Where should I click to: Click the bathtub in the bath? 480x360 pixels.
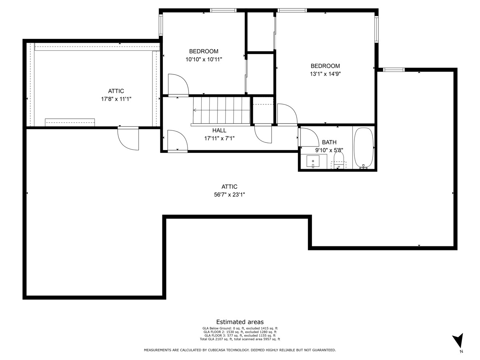(364, 148)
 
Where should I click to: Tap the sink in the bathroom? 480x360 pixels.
(313, 162)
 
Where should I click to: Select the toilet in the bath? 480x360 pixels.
(338, 162)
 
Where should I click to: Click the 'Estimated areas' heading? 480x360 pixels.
(240, 322)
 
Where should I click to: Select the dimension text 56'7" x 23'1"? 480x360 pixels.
(230, 194)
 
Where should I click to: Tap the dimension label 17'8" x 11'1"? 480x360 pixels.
(116, 98)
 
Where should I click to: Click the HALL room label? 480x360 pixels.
(219, 130)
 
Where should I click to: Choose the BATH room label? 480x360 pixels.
(329, 142)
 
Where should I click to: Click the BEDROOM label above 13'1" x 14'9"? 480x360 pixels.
(325, 66)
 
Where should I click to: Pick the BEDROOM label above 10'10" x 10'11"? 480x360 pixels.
(204, 51)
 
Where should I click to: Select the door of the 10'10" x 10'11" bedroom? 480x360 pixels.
(178, 85)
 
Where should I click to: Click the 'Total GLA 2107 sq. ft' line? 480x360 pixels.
(240, 339)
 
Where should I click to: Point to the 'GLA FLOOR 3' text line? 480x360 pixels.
(240, 335)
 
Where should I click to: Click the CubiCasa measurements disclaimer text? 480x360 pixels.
(240, 350)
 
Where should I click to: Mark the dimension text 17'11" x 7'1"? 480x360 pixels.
(219, 138)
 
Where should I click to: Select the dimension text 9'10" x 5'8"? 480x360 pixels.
(329, 150)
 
